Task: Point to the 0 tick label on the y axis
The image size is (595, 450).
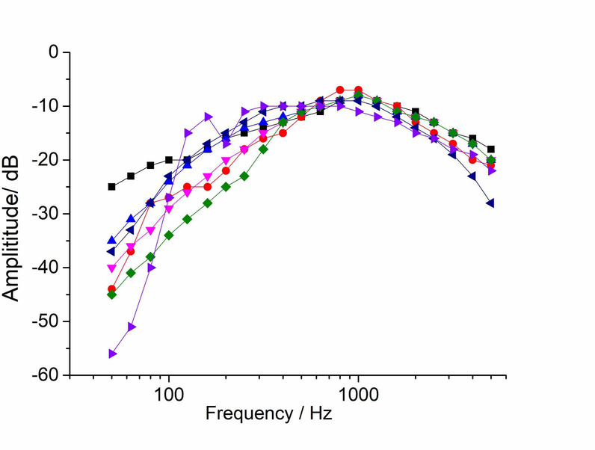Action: click(x=54, y=52)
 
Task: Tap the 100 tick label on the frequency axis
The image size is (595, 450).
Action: click(x=169, y=392)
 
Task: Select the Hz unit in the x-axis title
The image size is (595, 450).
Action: click(x=322, y=413)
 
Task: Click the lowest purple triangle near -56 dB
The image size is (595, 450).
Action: click(x=112, y=354)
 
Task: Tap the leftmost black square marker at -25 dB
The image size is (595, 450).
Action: click(x=112, y=186)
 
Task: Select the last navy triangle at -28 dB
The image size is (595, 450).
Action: click(x=490, y=203)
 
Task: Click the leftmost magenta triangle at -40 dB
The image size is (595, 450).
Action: click(x=112, y=268)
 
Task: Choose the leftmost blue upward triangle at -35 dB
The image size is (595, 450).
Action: click(x=112, y=240)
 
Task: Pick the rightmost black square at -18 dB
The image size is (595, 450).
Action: click(x=490, y=150)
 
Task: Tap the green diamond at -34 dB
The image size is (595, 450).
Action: click(x=169, y=235)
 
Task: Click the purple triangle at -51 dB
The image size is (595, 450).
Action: click(x=132, y=327)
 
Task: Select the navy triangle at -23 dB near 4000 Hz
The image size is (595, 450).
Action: click(x=472, y=176)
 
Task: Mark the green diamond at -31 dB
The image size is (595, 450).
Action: click(x=188, y=219)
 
